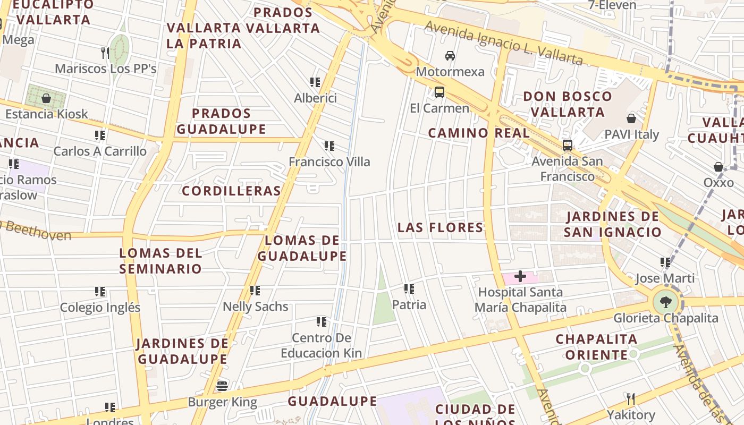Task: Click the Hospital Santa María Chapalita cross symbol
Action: click(x=520, y=276)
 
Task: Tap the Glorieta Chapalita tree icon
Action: click(x=665, y=303)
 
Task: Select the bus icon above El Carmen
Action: click(x=439, y=92)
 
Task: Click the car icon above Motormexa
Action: click(x=450, y=55)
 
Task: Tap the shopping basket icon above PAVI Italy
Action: click(x=631, y=118)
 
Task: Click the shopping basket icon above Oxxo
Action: click(x=718, y=167)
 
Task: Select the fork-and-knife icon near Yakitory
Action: click(x=631, y=398)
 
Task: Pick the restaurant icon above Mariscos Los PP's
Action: click(x=105, y=53)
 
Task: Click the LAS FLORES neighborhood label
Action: click(x=441, y=227)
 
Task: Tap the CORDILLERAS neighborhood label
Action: click(x=231, y=191)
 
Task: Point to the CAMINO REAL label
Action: click(x=479, y=133)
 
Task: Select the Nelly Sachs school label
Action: click(x=255, y=307)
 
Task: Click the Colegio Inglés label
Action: click(x=100, y=308)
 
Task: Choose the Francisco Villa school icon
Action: click(x=329, y=146)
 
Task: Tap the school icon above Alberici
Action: click(x=315, y=82)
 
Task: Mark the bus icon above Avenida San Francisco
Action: click(x=568, y=145)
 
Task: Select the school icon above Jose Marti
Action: click(x=665, y=262)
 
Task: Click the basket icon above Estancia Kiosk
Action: click(x=46, y=98)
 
